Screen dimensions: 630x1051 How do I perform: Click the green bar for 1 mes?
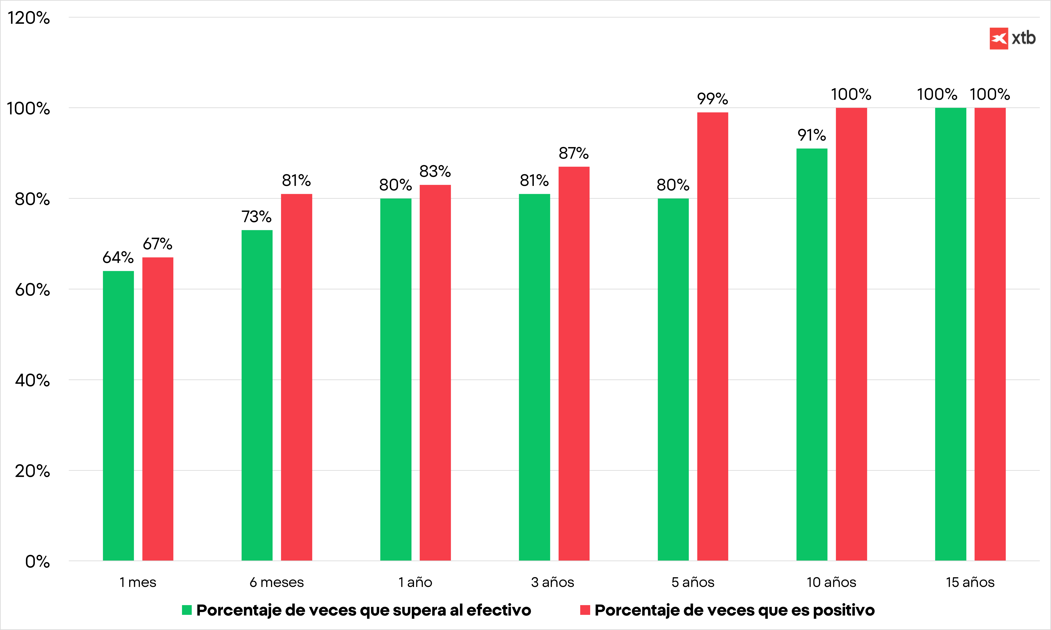(118, 416)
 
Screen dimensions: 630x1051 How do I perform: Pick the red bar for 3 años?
(574, 364)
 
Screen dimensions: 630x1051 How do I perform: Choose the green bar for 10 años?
(812, 354)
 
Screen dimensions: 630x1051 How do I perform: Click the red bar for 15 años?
(990, 334)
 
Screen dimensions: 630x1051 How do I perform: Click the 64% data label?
(118, 257)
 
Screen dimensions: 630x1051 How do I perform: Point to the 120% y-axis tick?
(28, 18)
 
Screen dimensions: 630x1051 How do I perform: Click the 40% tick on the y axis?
(32, 380)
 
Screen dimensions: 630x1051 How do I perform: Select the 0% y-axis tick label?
(37, 562)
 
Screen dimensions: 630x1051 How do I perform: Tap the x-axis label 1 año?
(415, 582)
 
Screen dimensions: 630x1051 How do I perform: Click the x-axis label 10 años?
(831, 582)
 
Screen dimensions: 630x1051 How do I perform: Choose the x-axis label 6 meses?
(277, 582)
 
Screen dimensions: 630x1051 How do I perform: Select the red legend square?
(585, 610)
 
